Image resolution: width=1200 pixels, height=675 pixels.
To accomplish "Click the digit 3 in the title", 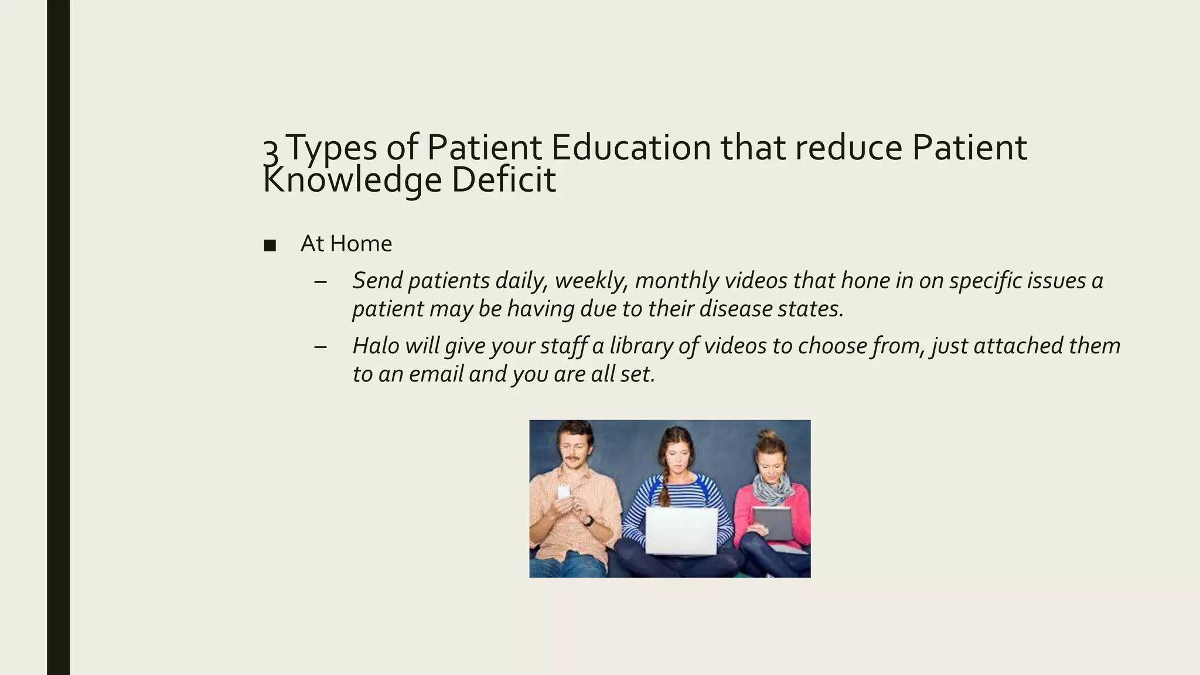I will (270, 151).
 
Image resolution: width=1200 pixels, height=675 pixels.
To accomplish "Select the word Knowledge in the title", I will (352, 180).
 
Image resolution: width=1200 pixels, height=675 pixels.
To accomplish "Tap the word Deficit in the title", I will (503, 180).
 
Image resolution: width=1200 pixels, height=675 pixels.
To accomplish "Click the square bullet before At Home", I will (270, 245).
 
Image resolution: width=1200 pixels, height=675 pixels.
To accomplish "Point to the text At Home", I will (346, 244).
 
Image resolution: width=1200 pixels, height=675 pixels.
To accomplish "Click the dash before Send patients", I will (320, 281).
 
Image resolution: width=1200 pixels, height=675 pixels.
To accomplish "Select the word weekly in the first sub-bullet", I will (592, 281).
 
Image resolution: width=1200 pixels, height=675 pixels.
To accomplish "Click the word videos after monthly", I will (756, 280).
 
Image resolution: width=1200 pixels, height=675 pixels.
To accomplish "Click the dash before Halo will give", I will (320, 346).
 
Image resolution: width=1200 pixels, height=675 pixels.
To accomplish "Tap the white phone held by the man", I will (563, 492).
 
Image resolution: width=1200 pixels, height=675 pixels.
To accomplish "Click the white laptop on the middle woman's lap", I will (681, 531).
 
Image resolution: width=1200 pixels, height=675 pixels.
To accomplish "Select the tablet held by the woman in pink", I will (772, 523).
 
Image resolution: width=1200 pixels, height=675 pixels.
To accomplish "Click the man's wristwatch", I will (588, 520).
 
